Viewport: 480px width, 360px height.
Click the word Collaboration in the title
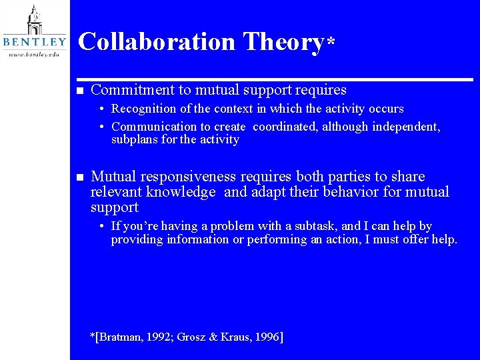(x=157, y=41)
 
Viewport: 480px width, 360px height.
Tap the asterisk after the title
(x=330, y=41)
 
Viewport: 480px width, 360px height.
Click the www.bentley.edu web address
(x=34, y=54)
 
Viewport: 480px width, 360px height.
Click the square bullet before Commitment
(x=77, y=91)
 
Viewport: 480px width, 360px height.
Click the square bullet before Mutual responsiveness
(x=77, y=177)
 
